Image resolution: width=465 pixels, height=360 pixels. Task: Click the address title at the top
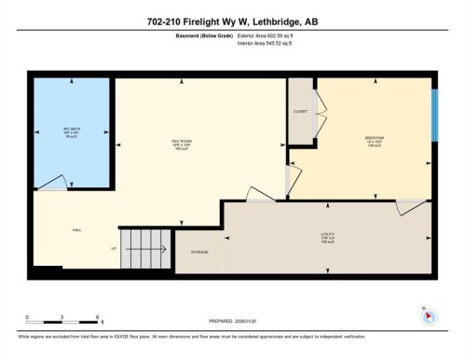click(x=232, y=22)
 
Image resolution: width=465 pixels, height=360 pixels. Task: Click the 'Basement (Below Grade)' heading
click(x=205, y=36)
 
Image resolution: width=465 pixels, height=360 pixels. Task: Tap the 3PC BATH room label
click(x=69, y=131)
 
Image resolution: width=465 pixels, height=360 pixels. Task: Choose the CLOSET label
click(x=300, y=111)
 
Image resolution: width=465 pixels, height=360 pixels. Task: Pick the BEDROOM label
click(x=376, y=141)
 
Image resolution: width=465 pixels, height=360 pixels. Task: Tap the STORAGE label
click(x=198, y=252)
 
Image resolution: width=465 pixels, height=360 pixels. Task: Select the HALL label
click(x=76, y=229)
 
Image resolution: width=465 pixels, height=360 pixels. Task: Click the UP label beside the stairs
click(x=114, y=249)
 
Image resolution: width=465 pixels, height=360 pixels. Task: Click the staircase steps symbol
click(x=145, y=248)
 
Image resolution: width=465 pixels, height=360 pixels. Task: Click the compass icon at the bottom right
click(x=428, y=313)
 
